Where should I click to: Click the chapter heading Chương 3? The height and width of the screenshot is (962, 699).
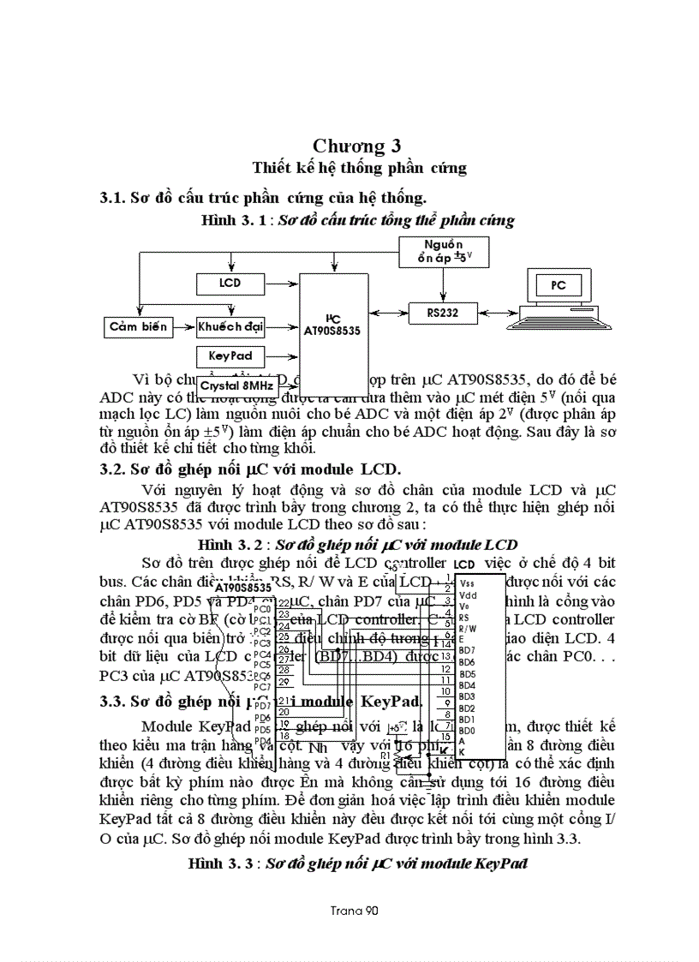pos(356,145)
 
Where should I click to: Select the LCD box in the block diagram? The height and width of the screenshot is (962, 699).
pos(230,283)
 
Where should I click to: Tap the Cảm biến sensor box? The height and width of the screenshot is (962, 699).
pos(138,326)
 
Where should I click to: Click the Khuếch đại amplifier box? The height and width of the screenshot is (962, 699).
pos(230,326)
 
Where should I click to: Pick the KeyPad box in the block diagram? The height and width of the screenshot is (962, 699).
pos(230,355)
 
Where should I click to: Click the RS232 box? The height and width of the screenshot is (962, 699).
pos(442,314)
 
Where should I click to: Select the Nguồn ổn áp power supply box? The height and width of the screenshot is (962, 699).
pos(442,250)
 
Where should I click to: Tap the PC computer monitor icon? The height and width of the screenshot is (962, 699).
pos(558,286)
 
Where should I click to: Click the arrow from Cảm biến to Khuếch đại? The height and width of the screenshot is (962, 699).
pos(182,326)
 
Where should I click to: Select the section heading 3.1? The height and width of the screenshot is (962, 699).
pos(263,198)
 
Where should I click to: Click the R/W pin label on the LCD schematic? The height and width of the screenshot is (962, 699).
pos(469,628)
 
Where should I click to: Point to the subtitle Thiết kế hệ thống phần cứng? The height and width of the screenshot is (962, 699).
pos(359,168)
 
